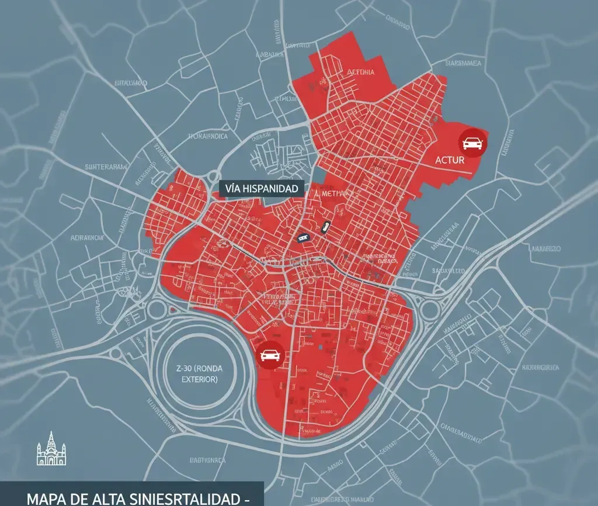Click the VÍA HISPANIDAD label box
(262, 188)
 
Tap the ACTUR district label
(450, 160)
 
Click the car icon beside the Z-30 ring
(270, 355)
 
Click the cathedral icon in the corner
(51, 450)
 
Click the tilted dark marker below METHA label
(325, 227)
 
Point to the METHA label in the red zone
(333, 193)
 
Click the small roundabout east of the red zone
(430, 310)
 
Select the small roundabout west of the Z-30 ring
(157, 309)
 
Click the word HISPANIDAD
(272, 188)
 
